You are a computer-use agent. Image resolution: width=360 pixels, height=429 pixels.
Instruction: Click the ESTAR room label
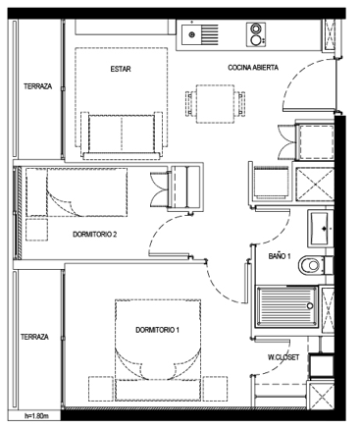click(x=121, y=69)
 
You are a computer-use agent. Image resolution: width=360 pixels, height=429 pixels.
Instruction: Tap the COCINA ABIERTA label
click(x=253, y=68)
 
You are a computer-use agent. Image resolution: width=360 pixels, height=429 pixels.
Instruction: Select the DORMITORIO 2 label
click(x=95, y=235)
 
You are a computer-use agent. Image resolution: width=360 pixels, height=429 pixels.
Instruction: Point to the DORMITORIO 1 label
click(x=157, y=330)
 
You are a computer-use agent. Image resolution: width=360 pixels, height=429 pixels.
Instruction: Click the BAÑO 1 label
click(x=280, y=256)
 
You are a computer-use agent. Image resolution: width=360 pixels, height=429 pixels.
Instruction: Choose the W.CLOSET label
click(x=283, y=357)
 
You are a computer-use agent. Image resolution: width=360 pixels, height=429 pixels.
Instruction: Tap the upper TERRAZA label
click(x=37, y=86)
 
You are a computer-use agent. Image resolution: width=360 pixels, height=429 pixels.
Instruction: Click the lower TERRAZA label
click(x=34, y=337)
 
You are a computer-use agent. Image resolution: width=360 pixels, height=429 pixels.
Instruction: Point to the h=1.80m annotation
click(x=36, y=416)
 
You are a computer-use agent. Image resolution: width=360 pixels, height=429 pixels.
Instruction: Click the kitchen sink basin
click(x=191, y=34)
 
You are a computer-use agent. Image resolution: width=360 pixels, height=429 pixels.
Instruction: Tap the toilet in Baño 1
click(x=312, y=265)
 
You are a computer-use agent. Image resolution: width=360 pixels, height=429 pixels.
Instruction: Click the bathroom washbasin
click(x=319, y=229)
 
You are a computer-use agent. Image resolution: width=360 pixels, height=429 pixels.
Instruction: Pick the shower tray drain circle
click(x=309, y=306)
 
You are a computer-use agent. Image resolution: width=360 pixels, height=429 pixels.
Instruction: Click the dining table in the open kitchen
click(x=215, y=104)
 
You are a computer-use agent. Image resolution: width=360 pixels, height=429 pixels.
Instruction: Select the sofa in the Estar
click(x=122, y=135)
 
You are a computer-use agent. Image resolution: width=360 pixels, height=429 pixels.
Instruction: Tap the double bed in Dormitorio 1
click(x=158, y=350)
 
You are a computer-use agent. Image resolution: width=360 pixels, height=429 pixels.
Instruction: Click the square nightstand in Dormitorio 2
click(x=36, y=230)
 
